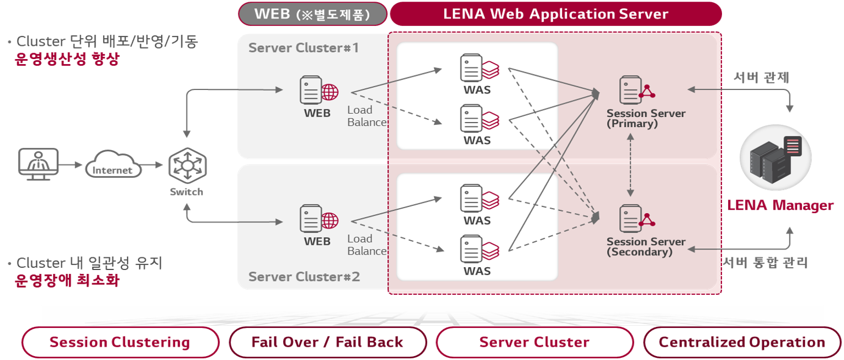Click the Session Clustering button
point(120,342)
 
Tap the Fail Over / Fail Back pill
point(327,342)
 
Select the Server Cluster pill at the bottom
point(534,342)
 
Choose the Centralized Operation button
point(742,342)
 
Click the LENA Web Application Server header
point(555,14)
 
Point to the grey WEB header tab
point(312,14)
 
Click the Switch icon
point(186,166)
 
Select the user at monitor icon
point(39,163)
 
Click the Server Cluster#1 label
point(304,48)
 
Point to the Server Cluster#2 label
point(304,277)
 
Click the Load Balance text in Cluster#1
point(367,117)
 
